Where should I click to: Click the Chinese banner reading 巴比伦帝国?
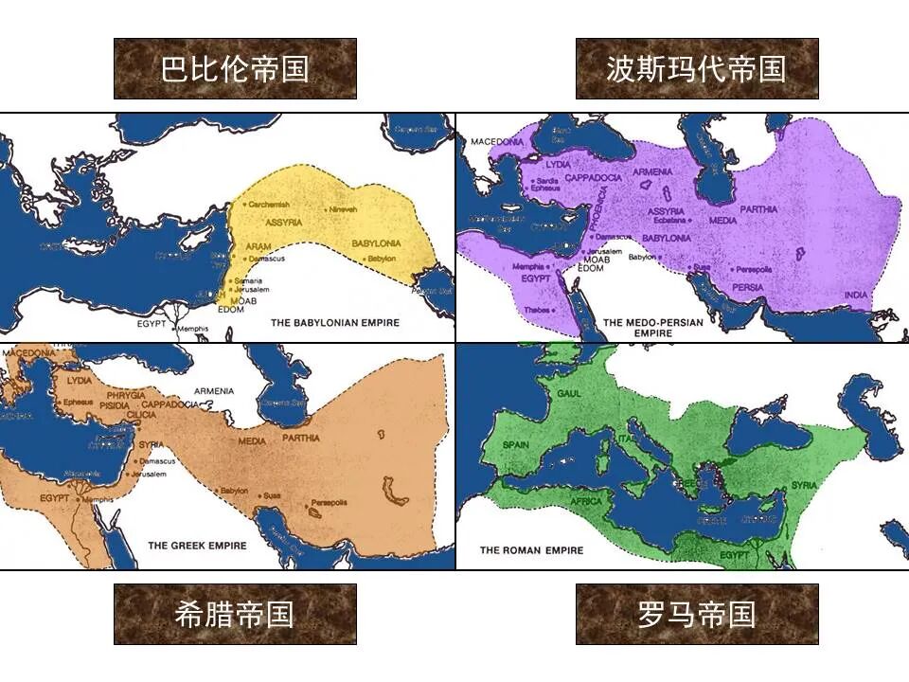pyautogui.click(x=235, y=69)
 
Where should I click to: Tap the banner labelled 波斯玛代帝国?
pyautogui.click(x=696, y=69)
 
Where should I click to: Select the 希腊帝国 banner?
pyautogui.click(x=235, y=614)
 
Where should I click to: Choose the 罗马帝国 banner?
pyautogui.click(x=696, y=614)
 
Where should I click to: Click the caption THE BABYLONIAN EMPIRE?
pyautogui.click(x=335, y=323)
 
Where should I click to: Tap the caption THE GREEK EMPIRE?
pyautogui.click(x=197, y=546)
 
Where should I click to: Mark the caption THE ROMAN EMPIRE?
pyautogui.click(x=531, y=550)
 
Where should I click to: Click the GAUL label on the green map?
pyautogui.click(x=570, y=393)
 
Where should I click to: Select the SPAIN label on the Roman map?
pyautogui.click(x=516, y=443)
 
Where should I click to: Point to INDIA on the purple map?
pyautogui.click(x=855, y=296)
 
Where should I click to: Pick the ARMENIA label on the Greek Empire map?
pyautogui.click(x=213, y=390)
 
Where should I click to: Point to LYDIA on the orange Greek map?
pyautogui.click(x=80, y=380)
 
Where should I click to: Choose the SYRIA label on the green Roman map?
pyautogui.click(x=804, y=485)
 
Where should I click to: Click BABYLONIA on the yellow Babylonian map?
pyautogui.click(x=377, y=243)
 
